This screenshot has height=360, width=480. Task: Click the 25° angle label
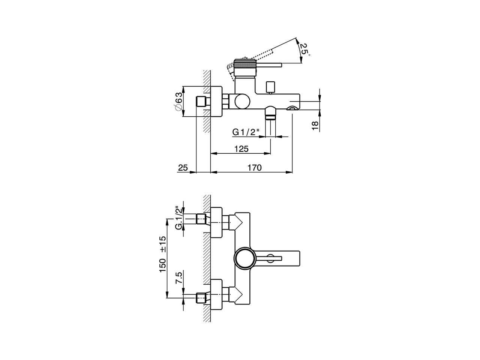[x=304, y=49]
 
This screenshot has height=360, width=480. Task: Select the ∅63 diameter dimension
[x=179, y=101]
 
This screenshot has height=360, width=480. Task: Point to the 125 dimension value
[x=241, y=149]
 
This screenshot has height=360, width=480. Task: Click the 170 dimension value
[x=254, y=168]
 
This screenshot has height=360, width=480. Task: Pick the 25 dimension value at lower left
[x=183, y=168]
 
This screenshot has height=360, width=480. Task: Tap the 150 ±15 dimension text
[x=163, y=254]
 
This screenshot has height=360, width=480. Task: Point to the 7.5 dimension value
[x=179, y=279]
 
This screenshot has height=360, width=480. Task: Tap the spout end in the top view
[x=296, y=258]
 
